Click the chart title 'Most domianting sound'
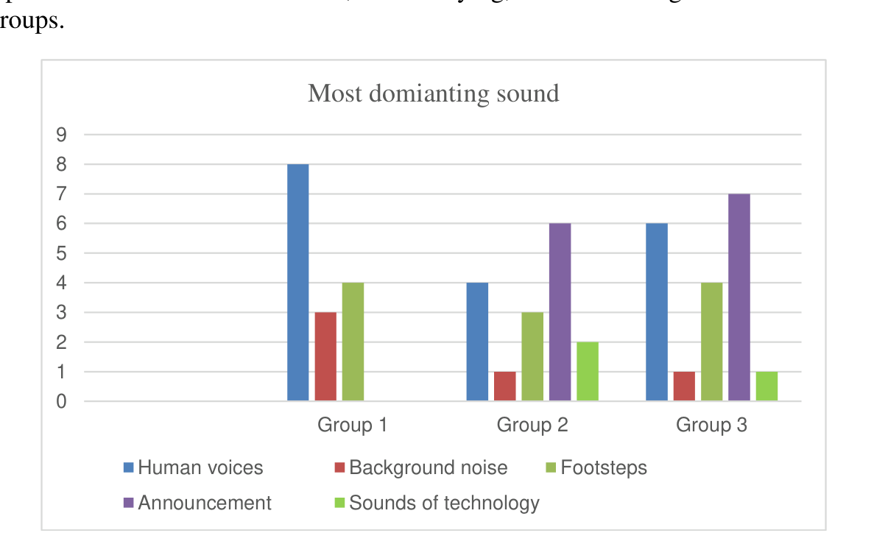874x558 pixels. tap(433, 93)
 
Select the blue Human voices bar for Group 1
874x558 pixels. tap(297, 283)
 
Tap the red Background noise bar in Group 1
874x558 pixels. tap(325, 357)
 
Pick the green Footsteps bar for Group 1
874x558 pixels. tap(353, 342)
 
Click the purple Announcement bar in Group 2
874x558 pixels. tap(560, 313)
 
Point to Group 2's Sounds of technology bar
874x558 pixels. tap(587, 372)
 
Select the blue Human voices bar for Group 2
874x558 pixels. tap(477, 342)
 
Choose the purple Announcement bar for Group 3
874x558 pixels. tap(739, 298)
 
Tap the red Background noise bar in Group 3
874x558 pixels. tap(684, 386)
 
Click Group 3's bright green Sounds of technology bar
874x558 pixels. tap(766, 386)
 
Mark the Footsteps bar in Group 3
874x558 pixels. tap(711, 342)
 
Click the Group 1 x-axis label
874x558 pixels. tap(352, 425)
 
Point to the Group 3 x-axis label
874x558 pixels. tap(711, 425)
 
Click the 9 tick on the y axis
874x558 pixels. tap(61, 135)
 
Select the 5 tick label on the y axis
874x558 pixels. tap(61, 253)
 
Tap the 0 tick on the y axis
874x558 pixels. tap(61, 402)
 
